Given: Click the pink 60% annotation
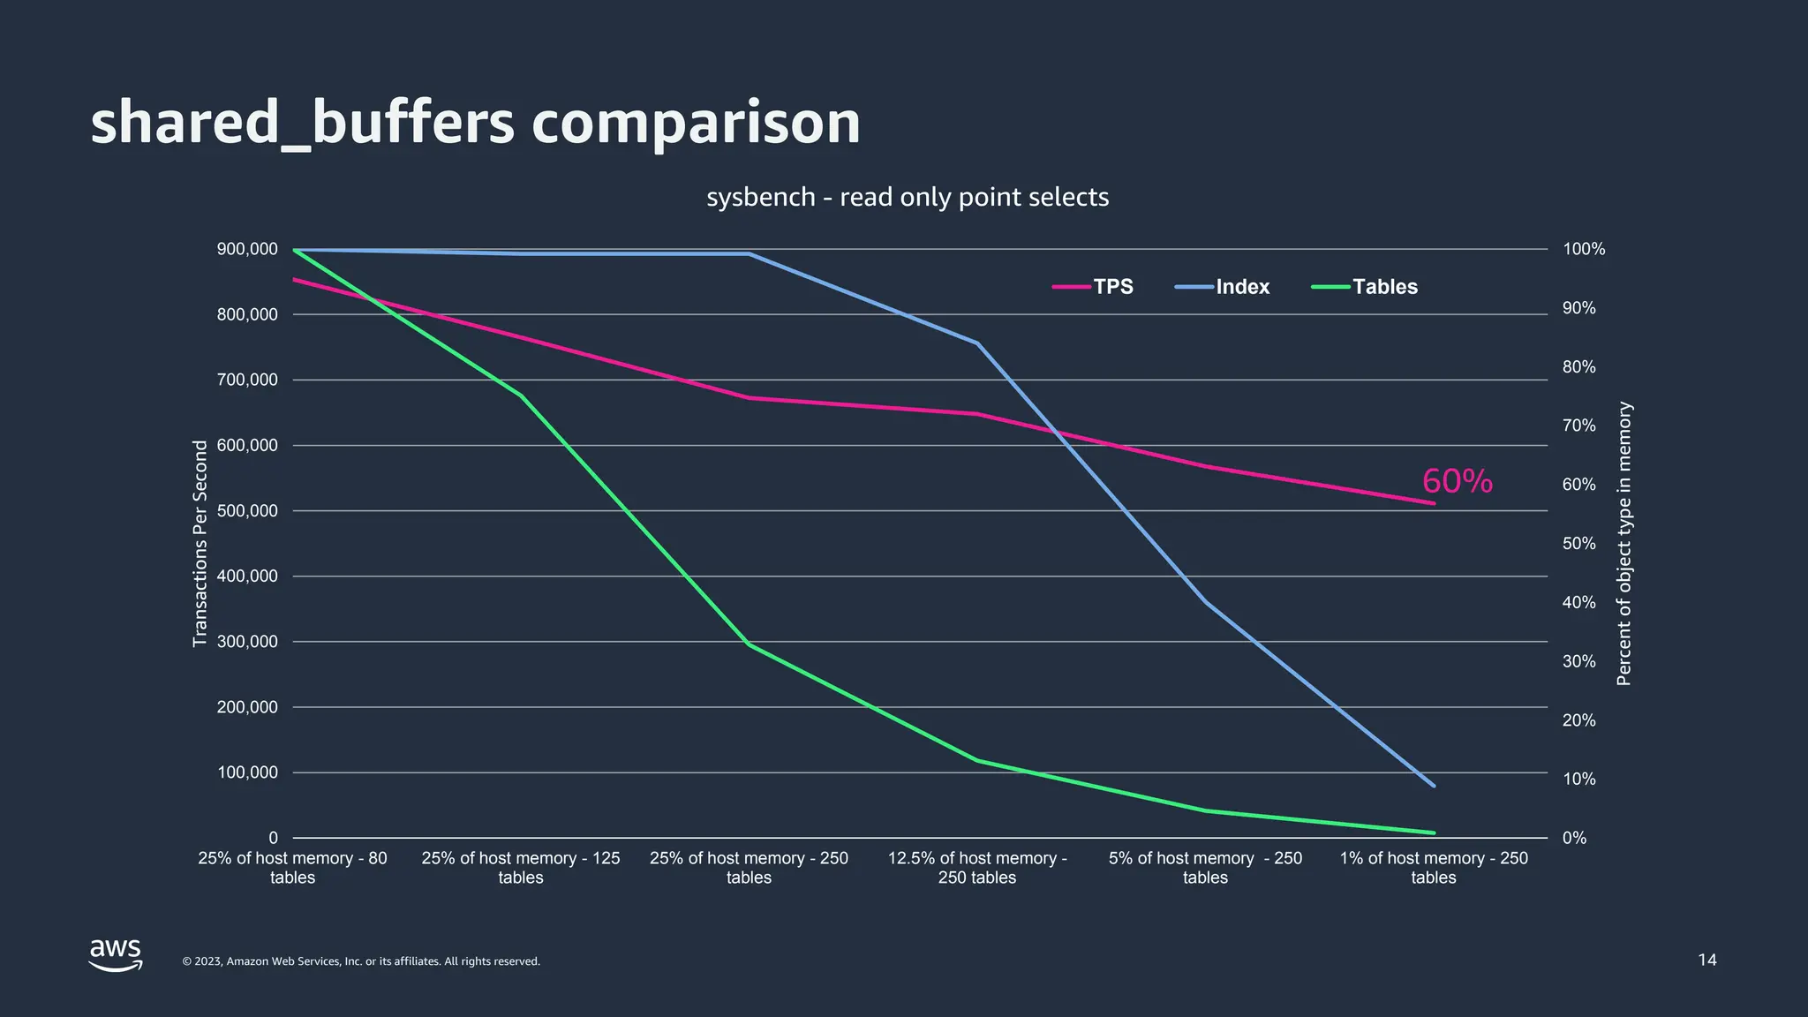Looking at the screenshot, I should (1457, 482).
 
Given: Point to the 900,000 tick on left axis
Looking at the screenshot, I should (247, 249).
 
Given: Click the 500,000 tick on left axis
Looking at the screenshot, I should (247, 511).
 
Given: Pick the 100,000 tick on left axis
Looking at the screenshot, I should (247, 772).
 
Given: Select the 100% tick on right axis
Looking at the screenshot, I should (1584, 249).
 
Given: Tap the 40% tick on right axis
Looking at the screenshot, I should (1579, 602).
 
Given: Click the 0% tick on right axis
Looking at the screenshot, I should (1575, 838).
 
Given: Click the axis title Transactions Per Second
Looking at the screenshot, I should (200, 543).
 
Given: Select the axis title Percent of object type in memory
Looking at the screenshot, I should (1623, 543).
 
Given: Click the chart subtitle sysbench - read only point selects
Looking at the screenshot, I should (908, 197).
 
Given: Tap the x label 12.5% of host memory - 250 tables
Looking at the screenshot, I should (977, 868).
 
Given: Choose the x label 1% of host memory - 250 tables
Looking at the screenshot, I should (1434, 868).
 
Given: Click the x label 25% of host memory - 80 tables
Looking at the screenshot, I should (292, 868).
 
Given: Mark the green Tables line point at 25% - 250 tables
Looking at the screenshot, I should (749, 644).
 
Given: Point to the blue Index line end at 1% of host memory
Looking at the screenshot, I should (1434, 786).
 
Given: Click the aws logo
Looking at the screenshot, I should (116, 954).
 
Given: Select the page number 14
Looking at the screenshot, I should (1707, 960).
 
